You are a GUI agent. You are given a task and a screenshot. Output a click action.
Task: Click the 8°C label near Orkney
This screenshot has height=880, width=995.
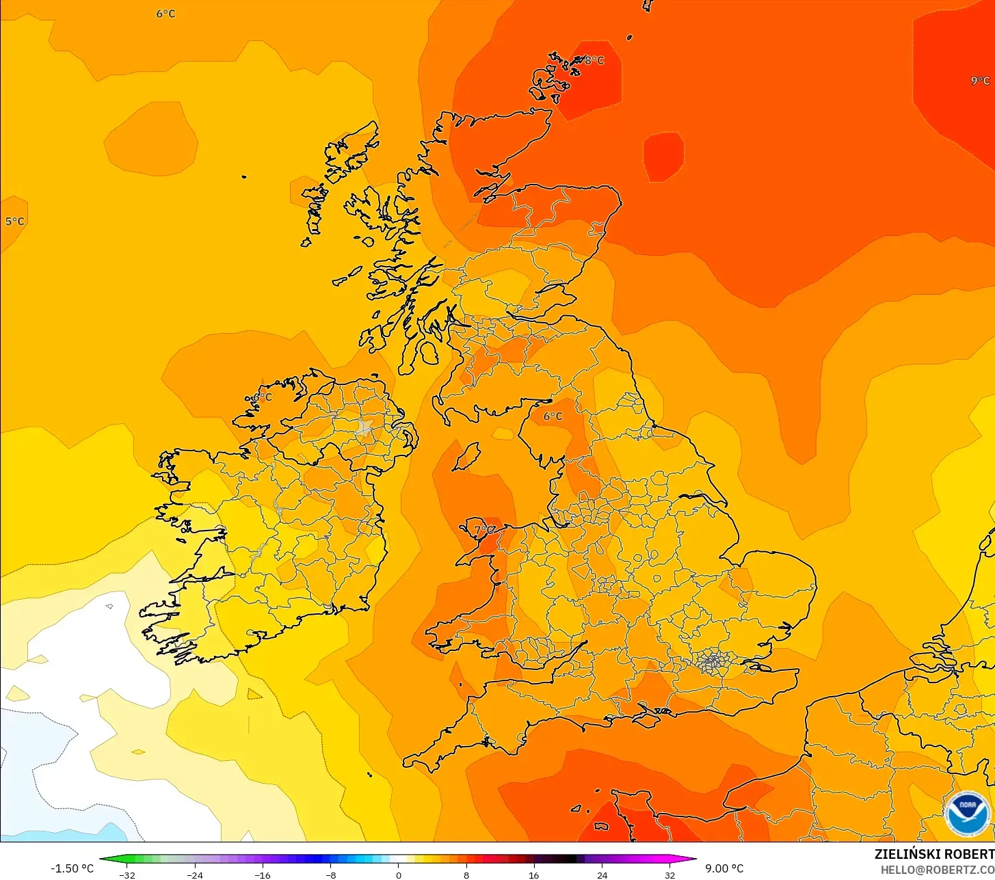click(x=594, y=61)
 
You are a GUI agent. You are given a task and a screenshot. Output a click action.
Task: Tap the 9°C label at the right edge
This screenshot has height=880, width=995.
click(x=980, y=81)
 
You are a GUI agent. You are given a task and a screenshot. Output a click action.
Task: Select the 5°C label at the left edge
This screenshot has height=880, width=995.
click(x=14, y=222)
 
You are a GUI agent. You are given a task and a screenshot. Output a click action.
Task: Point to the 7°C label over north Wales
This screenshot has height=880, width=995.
click(x=484, y=530)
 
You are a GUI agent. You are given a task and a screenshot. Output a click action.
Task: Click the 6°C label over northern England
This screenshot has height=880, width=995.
click(x=553, y=416)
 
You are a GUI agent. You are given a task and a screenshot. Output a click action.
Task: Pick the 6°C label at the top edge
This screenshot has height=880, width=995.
click(x=165, y=14)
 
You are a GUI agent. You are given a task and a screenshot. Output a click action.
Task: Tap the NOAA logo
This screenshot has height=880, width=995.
click(x=967, y=813)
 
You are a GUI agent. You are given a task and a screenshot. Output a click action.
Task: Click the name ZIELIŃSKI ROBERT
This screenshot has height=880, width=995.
click(x=934, y=854)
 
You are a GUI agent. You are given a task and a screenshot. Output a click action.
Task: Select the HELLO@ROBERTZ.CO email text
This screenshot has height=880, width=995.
click(x=937, y=870)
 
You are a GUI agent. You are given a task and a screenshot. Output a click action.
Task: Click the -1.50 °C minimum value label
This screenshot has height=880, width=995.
click(x=72, y=868)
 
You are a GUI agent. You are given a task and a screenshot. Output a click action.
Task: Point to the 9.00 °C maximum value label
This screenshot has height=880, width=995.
click(x=724, y=868)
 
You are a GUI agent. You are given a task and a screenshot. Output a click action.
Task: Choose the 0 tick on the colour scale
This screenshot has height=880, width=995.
click(x=399, y=875)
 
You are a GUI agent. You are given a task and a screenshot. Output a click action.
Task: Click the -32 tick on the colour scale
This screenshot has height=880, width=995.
click(x=127, y=875)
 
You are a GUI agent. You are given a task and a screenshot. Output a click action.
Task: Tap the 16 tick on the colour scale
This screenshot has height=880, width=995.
click(x=534, y=875)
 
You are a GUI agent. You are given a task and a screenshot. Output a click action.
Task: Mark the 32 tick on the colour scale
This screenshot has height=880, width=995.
click(x=669, y=875)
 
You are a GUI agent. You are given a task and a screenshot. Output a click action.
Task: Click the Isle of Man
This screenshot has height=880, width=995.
click(x=466, y=457)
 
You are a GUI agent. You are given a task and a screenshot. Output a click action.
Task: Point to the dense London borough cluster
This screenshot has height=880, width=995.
click(x=713, y=661)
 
